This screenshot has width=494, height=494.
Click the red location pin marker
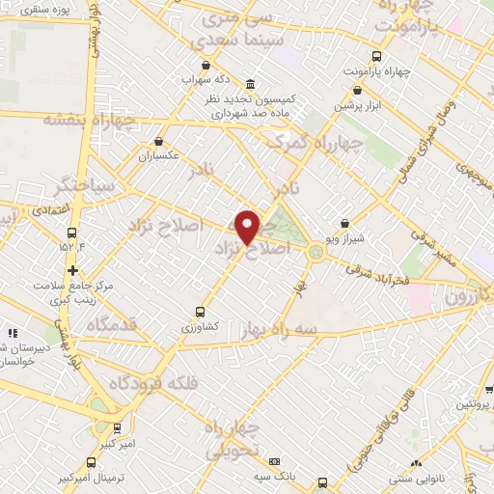point(247,226)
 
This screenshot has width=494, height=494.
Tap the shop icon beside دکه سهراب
point(205,65)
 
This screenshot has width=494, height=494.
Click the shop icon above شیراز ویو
point(345,223)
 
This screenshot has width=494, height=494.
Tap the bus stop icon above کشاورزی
point(200,312)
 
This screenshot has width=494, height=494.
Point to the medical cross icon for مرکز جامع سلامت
point(73,269)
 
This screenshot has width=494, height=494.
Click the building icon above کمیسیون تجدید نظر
point(251,83)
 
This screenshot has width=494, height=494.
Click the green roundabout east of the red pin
point(316,253)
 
